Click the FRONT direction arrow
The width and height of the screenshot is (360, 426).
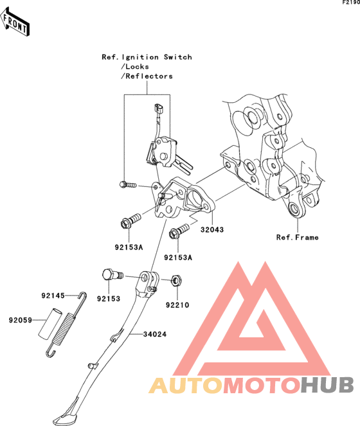pos(15,22)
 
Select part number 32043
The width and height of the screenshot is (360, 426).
pos(212,230)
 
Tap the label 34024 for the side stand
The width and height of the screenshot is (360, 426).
pos(155,334)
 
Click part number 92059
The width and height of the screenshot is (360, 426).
pos(21,321)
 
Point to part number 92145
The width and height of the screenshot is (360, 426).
pos(53,296)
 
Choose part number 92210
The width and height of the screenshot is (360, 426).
pos(177,305)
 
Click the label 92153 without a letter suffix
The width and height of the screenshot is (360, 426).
pos(109,299)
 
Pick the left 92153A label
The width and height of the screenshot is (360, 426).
pos(129,247)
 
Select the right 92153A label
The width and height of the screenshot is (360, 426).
pos(178,258)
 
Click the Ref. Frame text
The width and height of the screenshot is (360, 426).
pos(297,238)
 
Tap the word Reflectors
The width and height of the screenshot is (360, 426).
pos(149,76)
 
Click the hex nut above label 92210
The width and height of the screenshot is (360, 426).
pos(177,281)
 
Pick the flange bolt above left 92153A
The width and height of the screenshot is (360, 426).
pos(130,220)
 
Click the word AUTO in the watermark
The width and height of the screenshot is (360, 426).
pos(186,385)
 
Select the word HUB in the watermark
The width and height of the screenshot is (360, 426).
pos(327,385)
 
